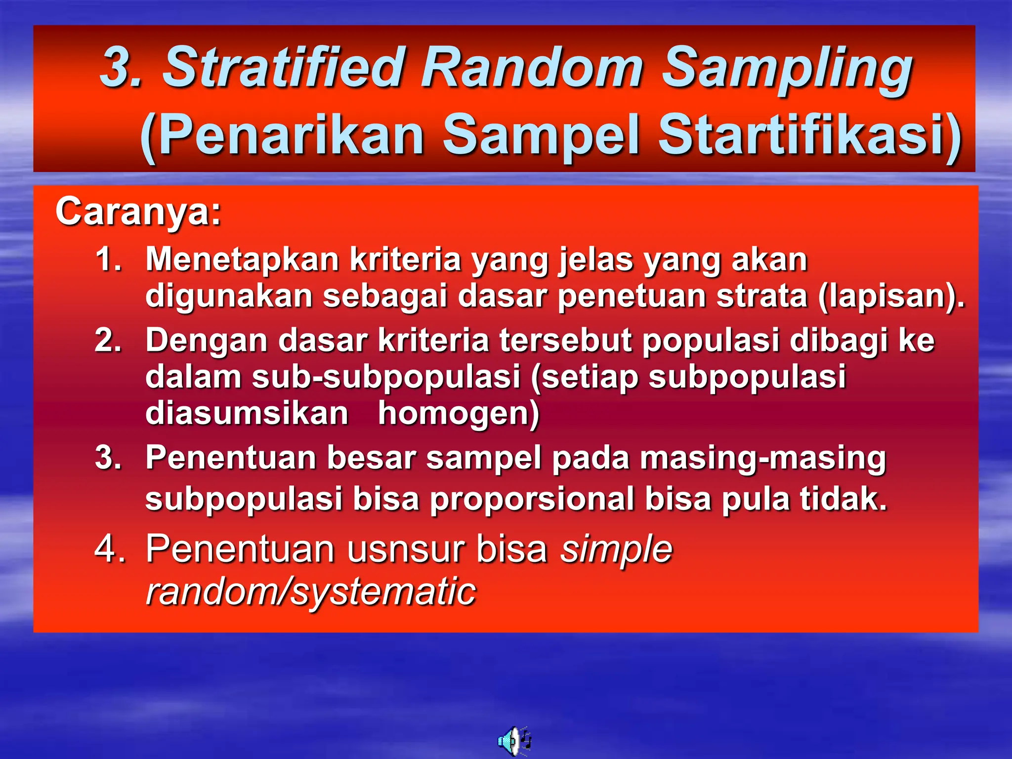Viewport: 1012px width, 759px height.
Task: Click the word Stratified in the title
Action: [x=285, y=67]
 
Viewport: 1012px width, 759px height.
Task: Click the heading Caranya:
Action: [x=138, y=211]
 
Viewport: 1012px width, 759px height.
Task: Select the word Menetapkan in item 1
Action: [x=242, y=259]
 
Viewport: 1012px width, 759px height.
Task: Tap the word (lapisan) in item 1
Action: [x=889, y=296]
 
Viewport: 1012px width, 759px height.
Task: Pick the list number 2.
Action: [x=108, y=340]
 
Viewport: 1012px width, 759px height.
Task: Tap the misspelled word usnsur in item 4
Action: [x=405, y=549]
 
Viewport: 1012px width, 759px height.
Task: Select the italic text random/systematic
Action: [x=310, y=591]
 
